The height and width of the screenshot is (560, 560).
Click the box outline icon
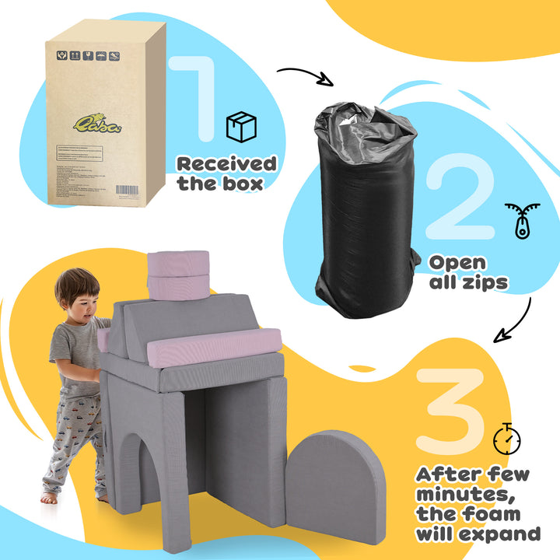241,127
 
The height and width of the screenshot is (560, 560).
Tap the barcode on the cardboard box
130,189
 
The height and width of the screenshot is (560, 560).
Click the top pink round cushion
178,263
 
